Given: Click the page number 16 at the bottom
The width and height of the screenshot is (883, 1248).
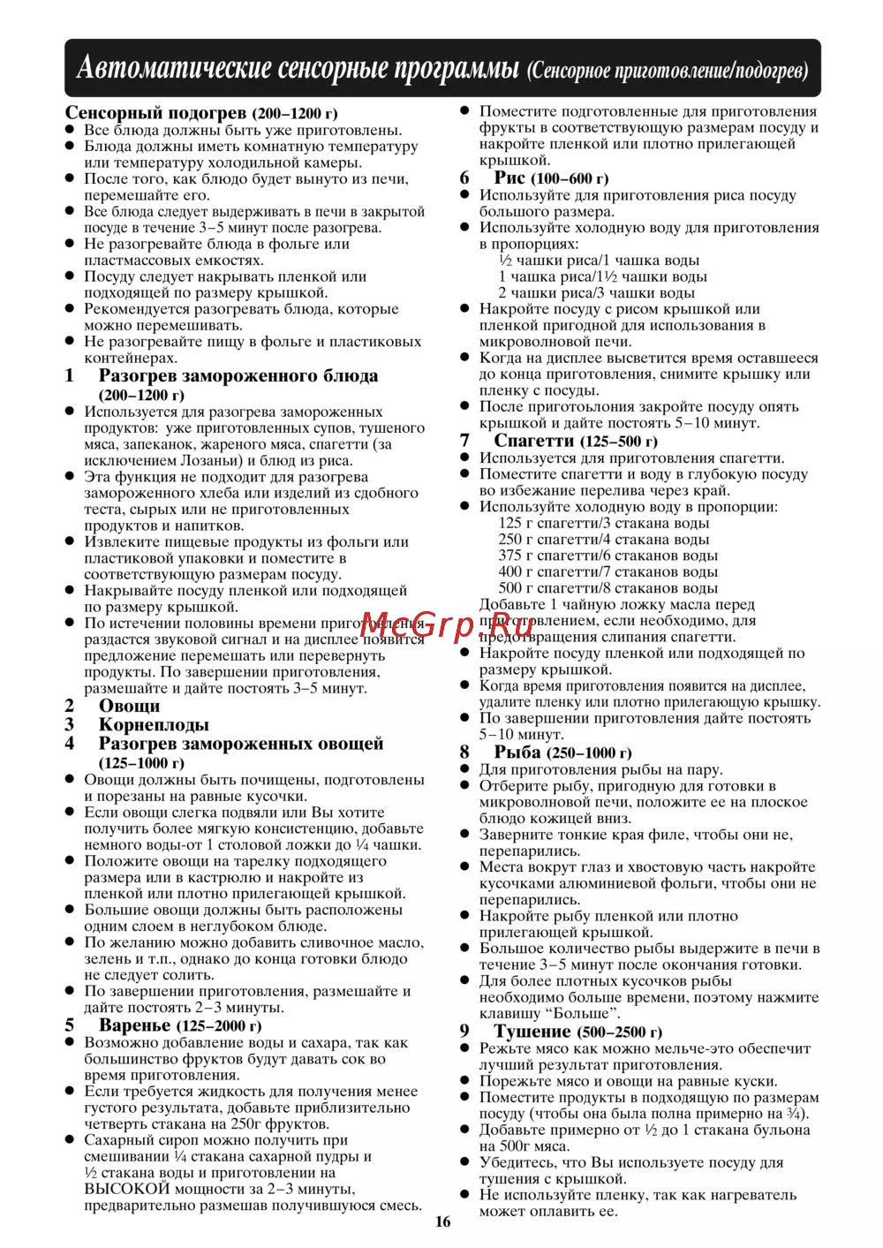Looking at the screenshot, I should [442, 1222].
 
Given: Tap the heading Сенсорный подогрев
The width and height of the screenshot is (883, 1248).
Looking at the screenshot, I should [155, 113].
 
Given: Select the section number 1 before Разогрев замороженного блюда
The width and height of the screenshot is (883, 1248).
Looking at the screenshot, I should [70, 376].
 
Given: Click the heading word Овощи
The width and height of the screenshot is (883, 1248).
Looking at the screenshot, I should [129, 706].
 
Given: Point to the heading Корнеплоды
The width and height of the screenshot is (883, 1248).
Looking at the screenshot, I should [154, 725].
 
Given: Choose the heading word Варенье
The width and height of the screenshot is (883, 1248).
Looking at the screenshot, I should [134, 1025].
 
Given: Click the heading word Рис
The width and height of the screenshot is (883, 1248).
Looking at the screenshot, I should [509, 178].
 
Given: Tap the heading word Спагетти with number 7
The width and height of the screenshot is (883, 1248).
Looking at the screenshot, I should [533, 441].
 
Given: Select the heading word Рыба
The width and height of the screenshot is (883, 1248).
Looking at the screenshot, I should [517, 753].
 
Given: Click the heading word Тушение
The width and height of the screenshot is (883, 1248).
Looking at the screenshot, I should [532, 1032].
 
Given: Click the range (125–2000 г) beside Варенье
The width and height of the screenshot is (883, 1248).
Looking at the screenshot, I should [219, 1026].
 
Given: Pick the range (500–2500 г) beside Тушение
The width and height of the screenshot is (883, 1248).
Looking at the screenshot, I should [619, 1032].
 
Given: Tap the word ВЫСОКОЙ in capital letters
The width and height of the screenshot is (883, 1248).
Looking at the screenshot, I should [126, 1189].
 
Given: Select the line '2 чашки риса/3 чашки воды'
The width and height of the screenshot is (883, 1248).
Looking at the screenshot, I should [596, 293].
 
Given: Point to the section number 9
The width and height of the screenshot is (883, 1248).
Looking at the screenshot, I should [464, 1032].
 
